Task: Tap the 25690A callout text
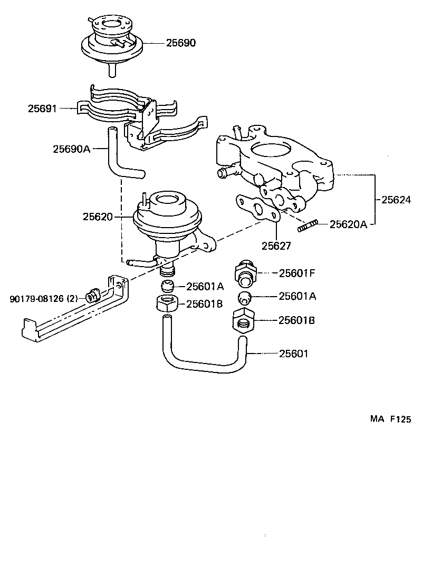click(72, 149)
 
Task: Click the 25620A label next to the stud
click(348, 224)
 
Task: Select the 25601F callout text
click(297, 273)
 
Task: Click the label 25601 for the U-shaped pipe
click(293, 354)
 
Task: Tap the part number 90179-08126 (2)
click(43, 299)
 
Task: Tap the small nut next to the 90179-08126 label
click(92, 296)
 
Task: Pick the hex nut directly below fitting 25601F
click(243, 320)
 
